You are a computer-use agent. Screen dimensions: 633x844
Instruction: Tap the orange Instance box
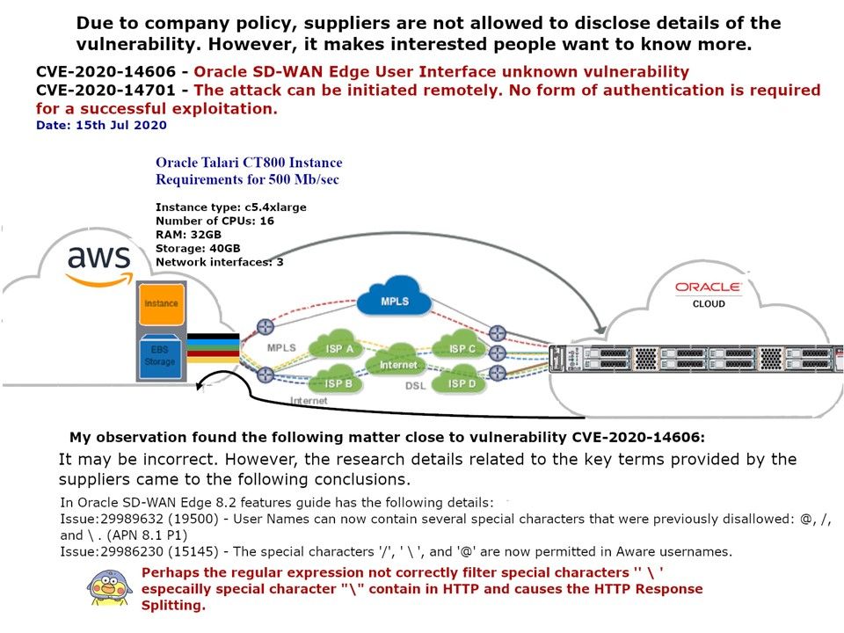pos(161,304)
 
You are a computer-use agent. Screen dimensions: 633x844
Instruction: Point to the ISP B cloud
pos(337,383)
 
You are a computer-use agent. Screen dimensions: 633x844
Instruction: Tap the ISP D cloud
pos(462,383)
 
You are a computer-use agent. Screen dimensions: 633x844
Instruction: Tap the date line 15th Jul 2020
pos(101,126)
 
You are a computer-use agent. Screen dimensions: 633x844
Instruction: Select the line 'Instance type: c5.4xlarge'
pos(230,207)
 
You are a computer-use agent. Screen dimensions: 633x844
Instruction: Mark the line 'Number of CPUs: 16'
pos(215,221)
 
